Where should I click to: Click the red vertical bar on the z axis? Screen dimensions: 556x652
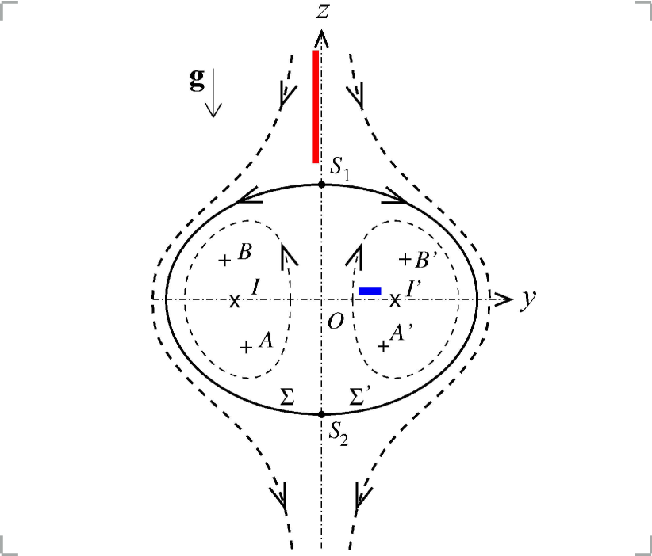[x=316, y=106]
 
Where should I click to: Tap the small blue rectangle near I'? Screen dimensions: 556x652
[x=370, y=291]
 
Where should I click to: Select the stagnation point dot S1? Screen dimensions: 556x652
[x=321, y=185]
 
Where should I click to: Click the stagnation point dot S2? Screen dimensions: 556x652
[x=321, y=414]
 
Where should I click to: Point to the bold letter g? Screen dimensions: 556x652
[x=196, y=80]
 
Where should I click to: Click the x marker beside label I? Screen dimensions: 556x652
[x=235, y=300]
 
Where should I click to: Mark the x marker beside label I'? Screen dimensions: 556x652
[x=395, y=299]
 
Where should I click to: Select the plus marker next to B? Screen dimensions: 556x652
[x=224, y=260]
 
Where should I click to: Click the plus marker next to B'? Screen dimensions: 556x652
[x=404, y=259]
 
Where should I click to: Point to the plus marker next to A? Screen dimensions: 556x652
[x=246, y=346]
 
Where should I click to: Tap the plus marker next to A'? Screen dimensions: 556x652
[x=383, y=346]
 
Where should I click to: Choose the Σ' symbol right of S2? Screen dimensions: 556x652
[x=359, y=398]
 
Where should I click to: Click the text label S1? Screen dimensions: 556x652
[x=340, y=168]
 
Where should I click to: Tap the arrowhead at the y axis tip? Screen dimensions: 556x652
[x=503, y=299]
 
